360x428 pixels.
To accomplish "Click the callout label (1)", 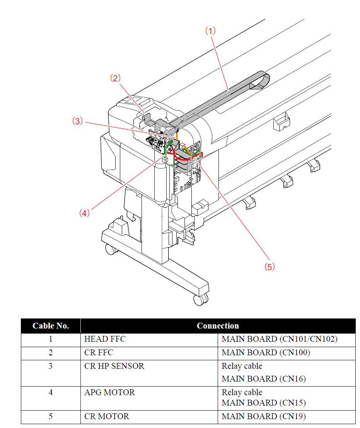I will click(x=210, y=31).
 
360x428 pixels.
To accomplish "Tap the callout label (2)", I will click(x=115, y=78).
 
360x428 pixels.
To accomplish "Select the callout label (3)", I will click(x=78, y=121).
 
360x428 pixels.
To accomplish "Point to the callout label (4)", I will click(x=84, y=212).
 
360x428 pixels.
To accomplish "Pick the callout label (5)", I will click(x=270, y=267).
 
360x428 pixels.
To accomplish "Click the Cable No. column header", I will click(x=51, y=326).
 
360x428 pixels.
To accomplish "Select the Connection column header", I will click(x=218, y=326).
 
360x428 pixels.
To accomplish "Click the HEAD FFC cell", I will click(x=105, y=339).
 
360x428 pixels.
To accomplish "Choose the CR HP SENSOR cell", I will click(x=114, y=366).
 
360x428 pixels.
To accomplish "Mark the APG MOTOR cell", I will click(x=110, y=392).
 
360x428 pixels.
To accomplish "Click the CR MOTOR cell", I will click(x=107, y=417).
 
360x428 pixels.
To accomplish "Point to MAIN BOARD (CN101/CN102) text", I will click(x=280, y=339).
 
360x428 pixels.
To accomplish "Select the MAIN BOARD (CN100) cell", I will click(x=266, y=353).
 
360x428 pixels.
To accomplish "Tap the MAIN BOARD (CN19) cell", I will click(x=263, y=417).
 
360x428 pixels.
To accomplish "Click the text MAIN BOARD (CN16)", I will click(x=263, y=378).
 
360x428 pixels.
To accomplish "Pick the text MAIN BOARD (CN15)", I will click(x=263, y=403).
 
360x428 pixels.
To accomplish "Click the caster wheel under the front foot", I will click(x=200, y=299).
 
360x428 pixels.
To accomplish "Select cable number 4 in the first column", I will click(x=51, y=392).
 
